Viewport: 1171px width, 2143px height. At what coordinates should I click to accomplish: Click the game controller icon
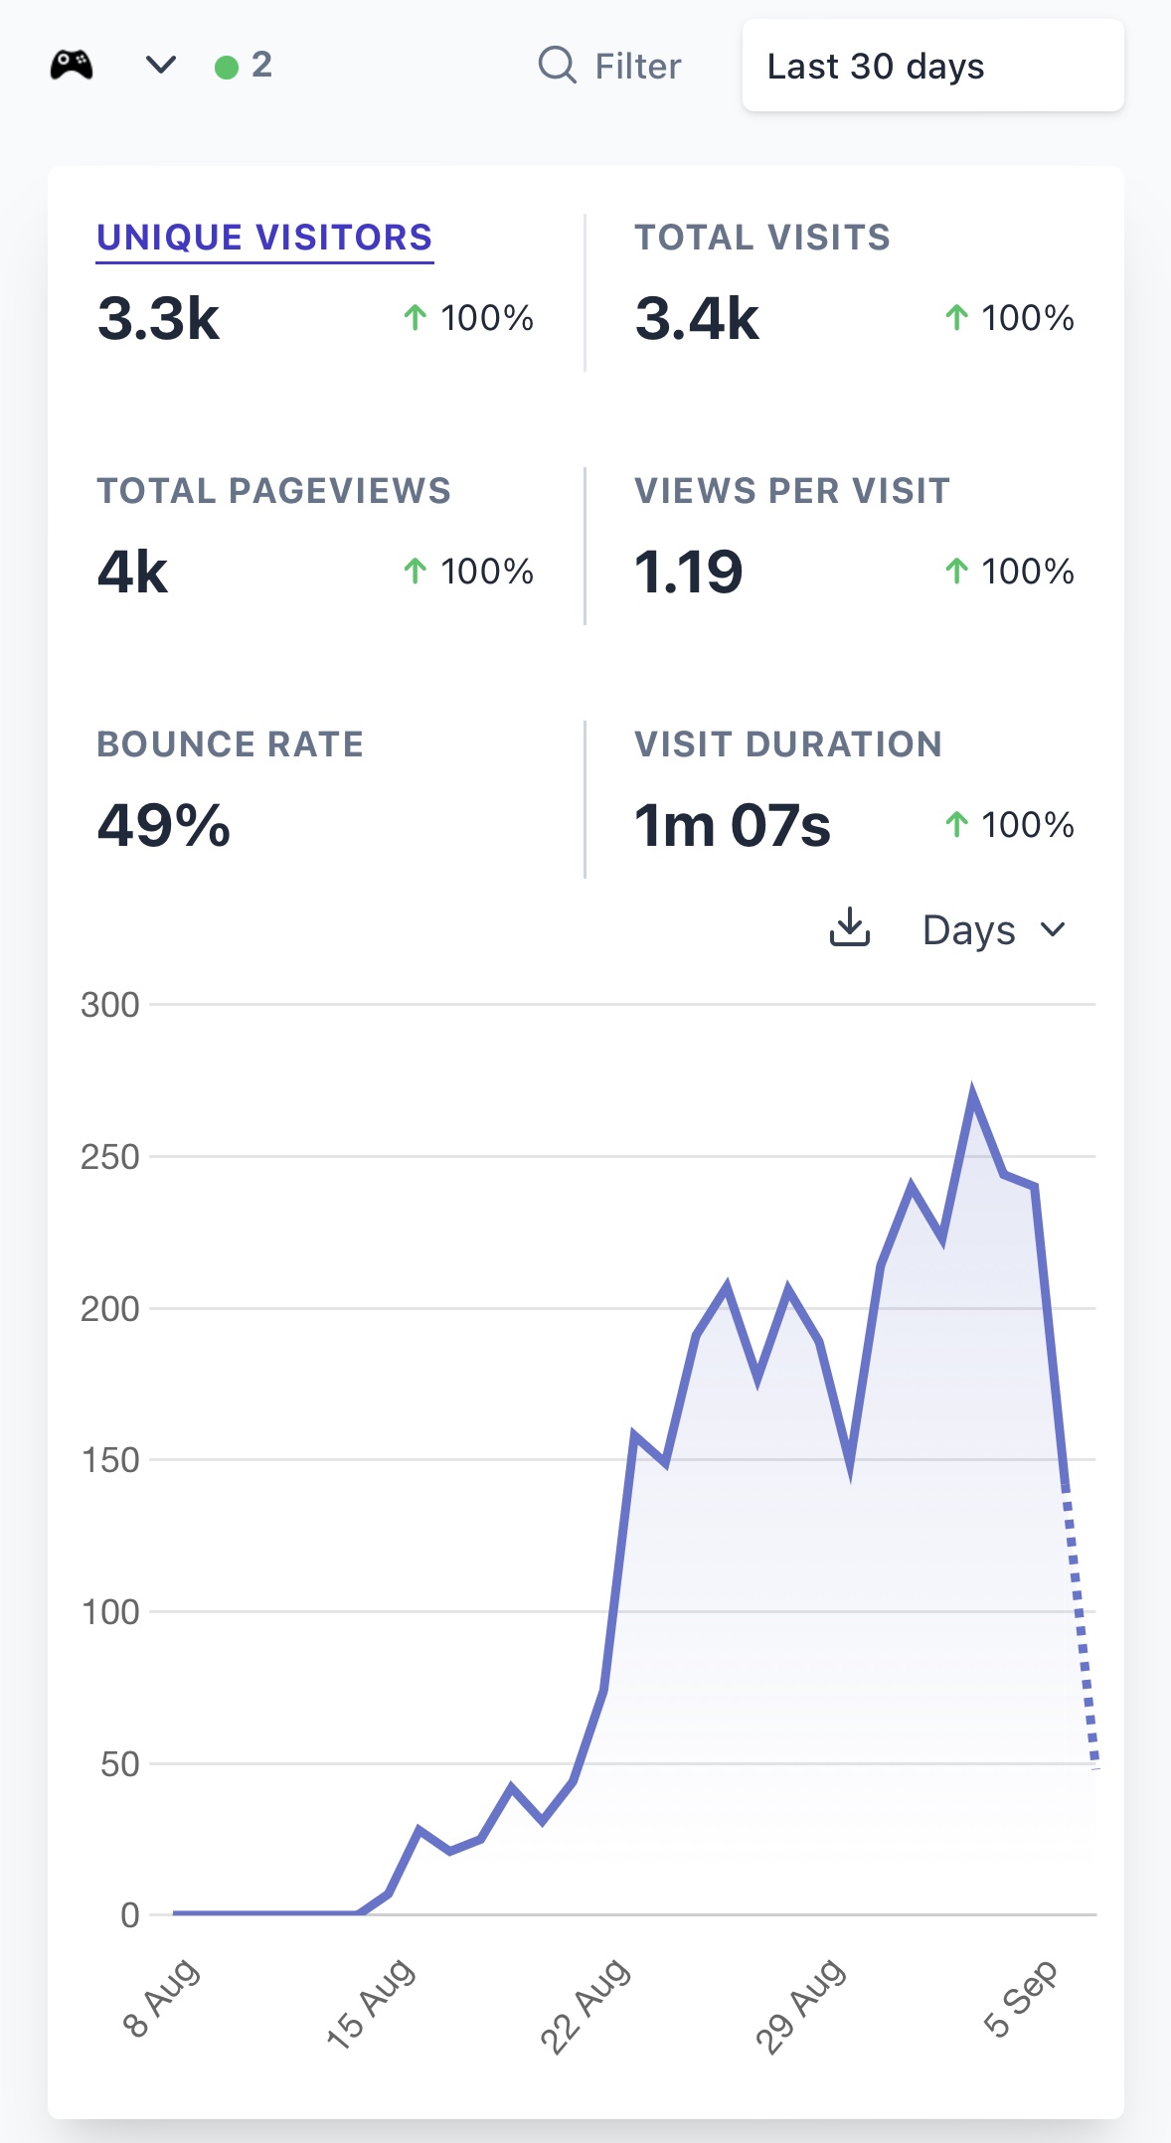[72, 66]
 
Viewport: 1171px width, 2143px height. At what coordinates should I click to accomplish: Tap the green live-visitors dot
[227, 67]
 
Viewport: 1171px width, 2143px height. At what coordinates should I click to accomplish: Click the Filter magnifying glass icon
[558, 66]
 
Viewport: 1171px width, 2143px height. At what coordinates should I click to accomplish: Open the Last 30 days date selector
[932, 66]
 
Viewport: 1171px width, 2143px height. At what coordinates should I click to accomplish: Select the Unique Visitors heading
[264, 238]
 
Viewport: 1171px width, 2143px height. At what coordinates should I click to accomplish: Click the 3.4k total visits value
[697, 319]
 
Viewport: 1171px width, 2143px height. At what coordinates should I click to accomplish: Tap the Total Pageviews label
[273, 491]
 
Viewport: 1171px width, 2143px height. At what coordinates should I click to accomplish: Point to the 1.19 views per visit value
[689, 573]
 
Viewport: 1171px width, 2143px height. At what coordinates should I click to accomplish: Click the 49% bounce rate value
[164, 826]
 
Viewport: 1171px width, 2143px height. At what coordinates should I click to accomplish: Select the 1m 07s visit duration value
[733, 826]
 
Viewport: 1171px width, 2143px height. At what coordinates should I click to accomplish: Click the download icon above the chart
[850, 927]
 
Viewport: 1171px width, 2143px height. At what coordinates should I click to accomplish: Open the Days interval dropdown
[994, 930]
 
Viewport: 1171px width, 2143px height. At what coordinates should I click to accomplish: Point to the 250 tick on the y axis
[110, 1157]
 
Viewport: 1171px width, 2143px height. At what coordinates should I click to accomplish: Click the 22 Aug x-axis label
[585, 2005]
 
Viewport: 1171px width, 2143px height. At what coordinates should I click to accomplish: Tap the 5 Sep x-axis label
[1020, 1998]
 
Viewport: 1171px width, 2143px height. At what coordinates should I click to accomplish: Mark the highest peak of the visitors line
[972, 1089]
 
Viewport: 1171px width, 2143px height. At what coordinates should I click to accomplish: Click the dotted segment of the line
[1081, 1627]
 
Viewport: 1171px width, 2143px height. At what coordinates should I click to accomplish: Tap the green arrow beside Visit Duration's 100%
[956, 824]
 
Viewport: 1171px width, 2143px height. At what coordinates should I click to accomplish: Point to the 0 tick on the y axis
[130, 1915]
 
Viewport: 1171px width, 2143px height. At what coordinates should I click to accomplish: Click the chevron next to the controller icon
[161, 66]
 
